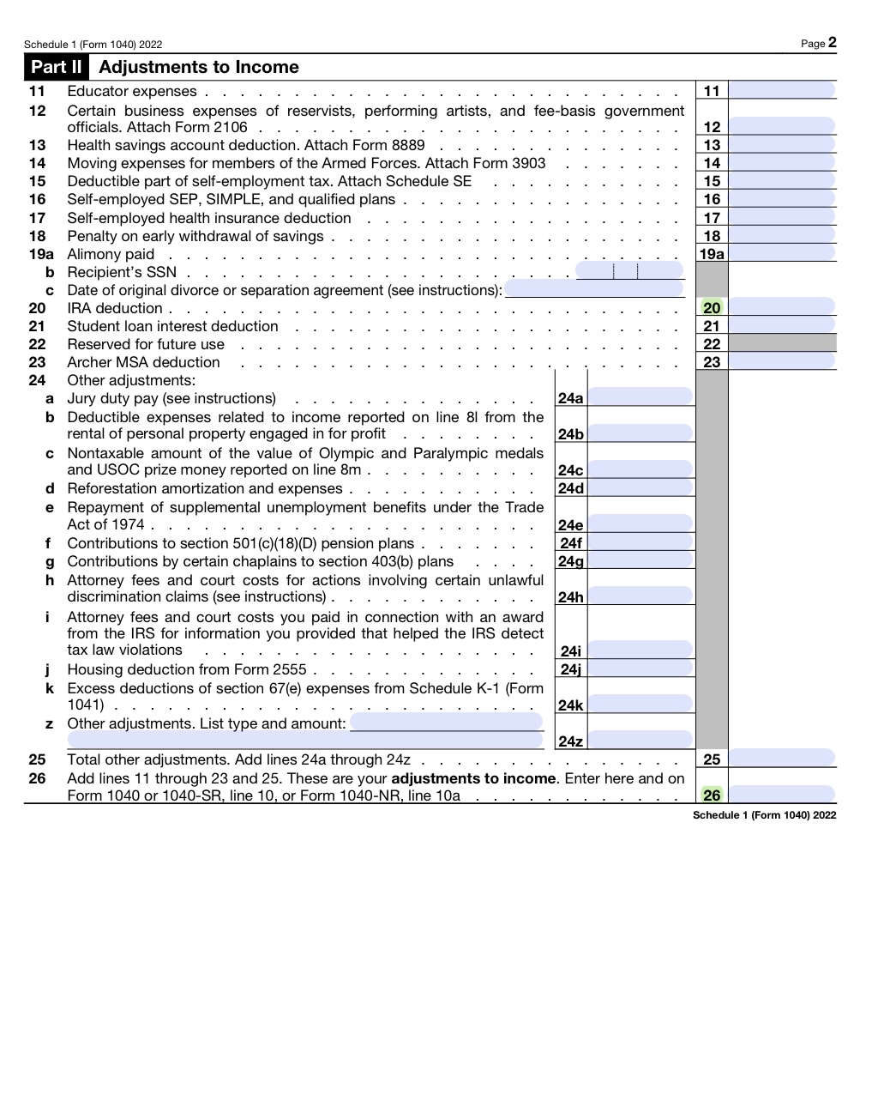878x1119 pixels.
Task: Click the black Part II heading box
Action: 57,67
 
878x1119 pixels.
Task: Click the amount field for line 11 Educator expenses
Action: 781,91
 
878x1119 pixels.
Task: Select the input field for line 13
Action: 781,145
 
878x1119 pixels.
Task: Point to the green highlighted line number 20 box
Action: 712,308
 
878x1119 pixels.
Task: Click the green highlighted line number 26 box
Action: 712,795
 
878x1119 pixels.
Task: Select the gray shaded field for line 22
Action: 781,344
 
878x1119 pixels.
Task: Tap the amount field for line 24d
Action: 640,488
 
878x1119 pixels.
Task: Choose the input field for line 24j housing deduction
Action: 640,669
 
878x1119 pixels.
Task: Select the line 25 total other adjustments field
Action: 781,759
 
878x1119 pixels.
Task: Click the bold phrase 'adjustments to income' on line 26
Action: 473,778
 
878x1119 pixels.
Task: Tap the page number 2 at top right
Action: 832,43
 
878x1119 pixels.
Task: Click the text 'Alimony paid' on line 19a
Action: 111,254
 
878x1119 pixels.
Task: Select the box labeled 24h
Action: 570,597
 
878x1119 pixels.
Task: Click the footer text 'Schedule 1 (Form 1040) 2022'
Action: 764,815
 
